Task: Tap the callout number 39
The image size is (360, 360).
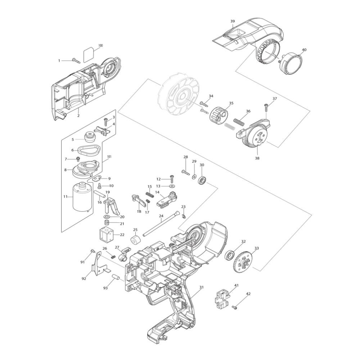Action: tap(233, 22)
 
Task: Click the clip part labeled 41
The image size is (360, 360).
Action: tap(222, 298)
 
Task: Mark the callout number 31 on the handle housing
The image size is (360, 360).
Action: tap(202, 287)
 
